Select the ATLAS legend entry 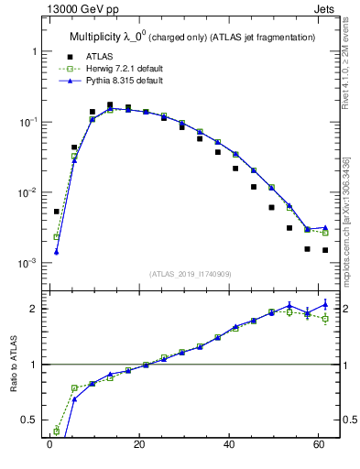[x=100, y=57]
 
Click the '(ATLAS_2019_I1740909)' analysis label [x=191, y=273]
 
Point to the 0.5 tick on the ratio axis [x=31, y=420]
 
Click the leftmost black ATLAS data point [x=56, y=212]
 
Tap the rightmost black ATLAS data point [x=325, y=250]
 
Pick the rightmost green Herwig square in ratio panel [x=325, y=319]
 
